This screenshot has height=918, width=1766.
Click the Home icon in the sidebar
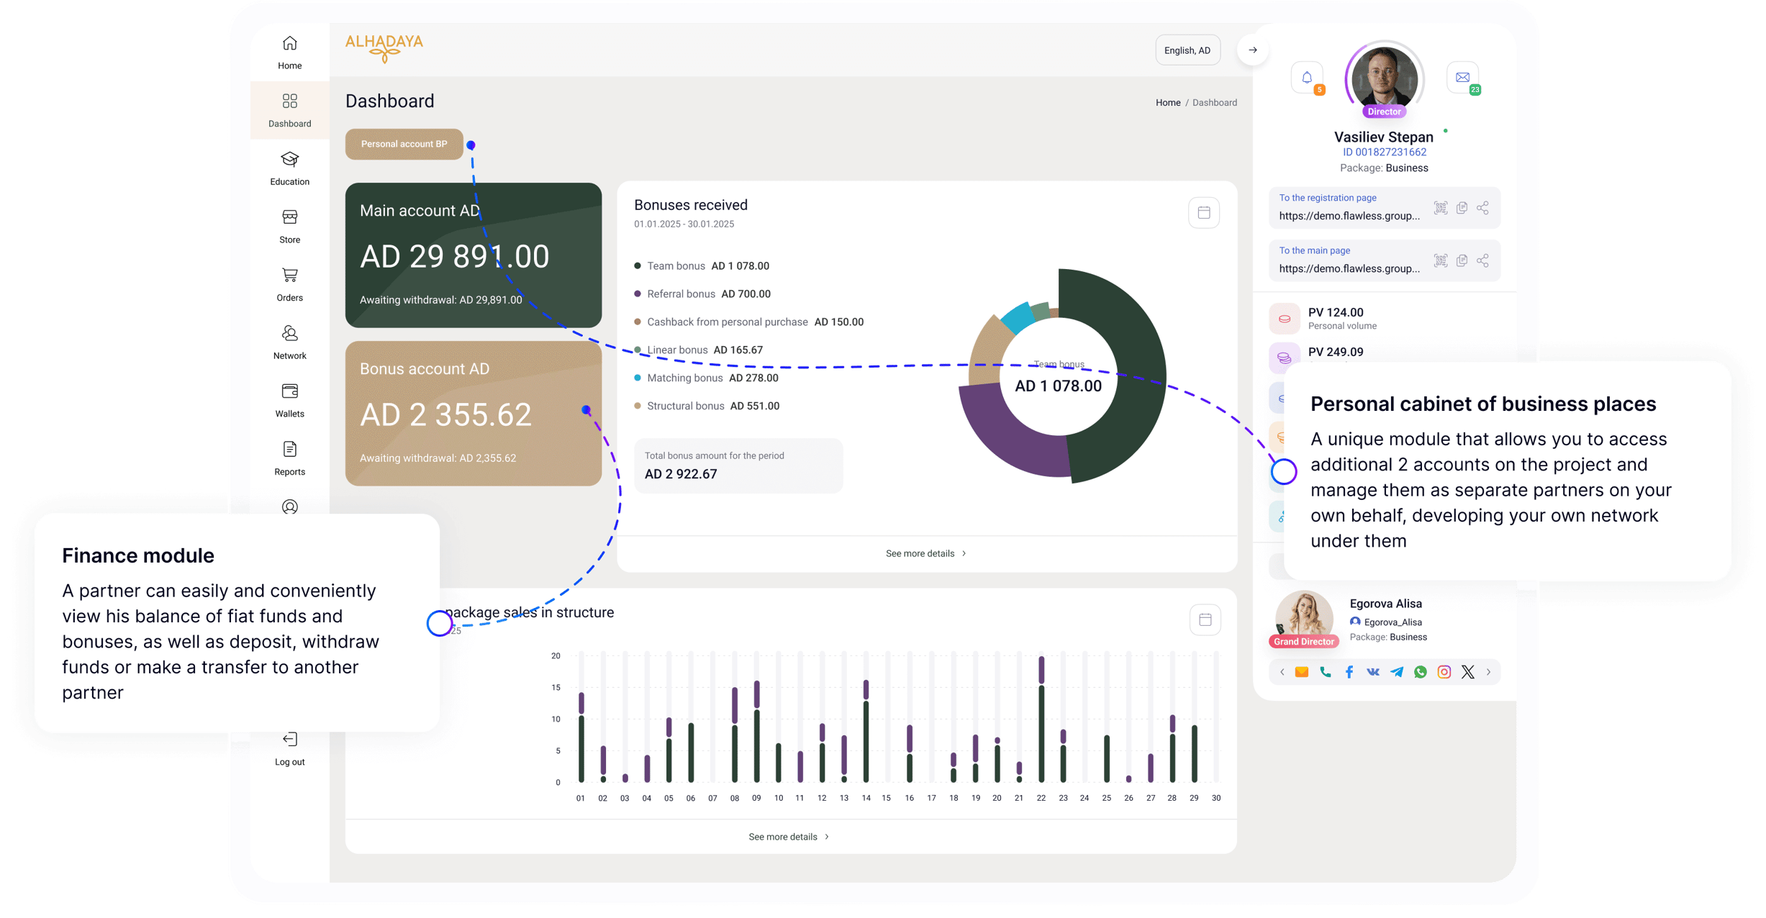pyautogui.click(x=289, y=44)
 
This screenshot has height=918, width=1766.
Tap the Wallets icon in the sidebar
pyautogui.click(x=289, y=391)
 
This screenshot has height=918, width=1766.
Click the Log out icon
pyautogui.click(x=289, y=740)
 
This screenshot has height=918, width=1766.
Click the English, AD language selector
pyautogui.click(x=1187, y=50)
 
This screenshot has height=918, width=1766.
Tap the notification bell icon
pyautogui.click(x=1307, y=78)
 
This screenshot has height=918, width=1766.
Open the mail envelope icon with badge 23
pyautogui.click(x=1462, y=78)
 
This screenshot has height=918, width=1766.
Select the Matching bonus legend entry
pyautogui.click(x=684, y=378)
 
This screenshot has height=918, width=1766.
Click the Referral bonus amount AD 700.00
pyautogui.click(x=746, y=294)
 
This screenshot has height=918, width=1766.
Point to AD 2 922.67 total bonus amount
pyautogui.click(x=681, y=474)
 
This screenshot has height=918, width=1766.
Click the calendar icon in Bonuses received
pyautogui.click(x=1204, y=212)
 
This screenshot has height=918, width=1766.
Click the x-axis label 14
pyautogui.click(x=866, y=798)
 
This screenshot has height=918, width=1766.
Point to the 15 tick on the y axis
pyautogui.click(x=556, y=687)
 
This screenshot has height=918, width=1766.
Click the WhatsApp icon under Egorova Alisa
pyautogui.click(x=1421, y=672)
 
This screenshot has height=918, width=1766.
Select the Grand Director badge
pyautogui.click(x=1304, y=641)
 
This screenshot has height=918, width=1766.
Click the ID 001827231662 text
pyautogui.click(x=1385, y=152)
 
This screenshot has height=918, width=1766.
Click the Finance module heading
pyautogui.click(x=138, y=555)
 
